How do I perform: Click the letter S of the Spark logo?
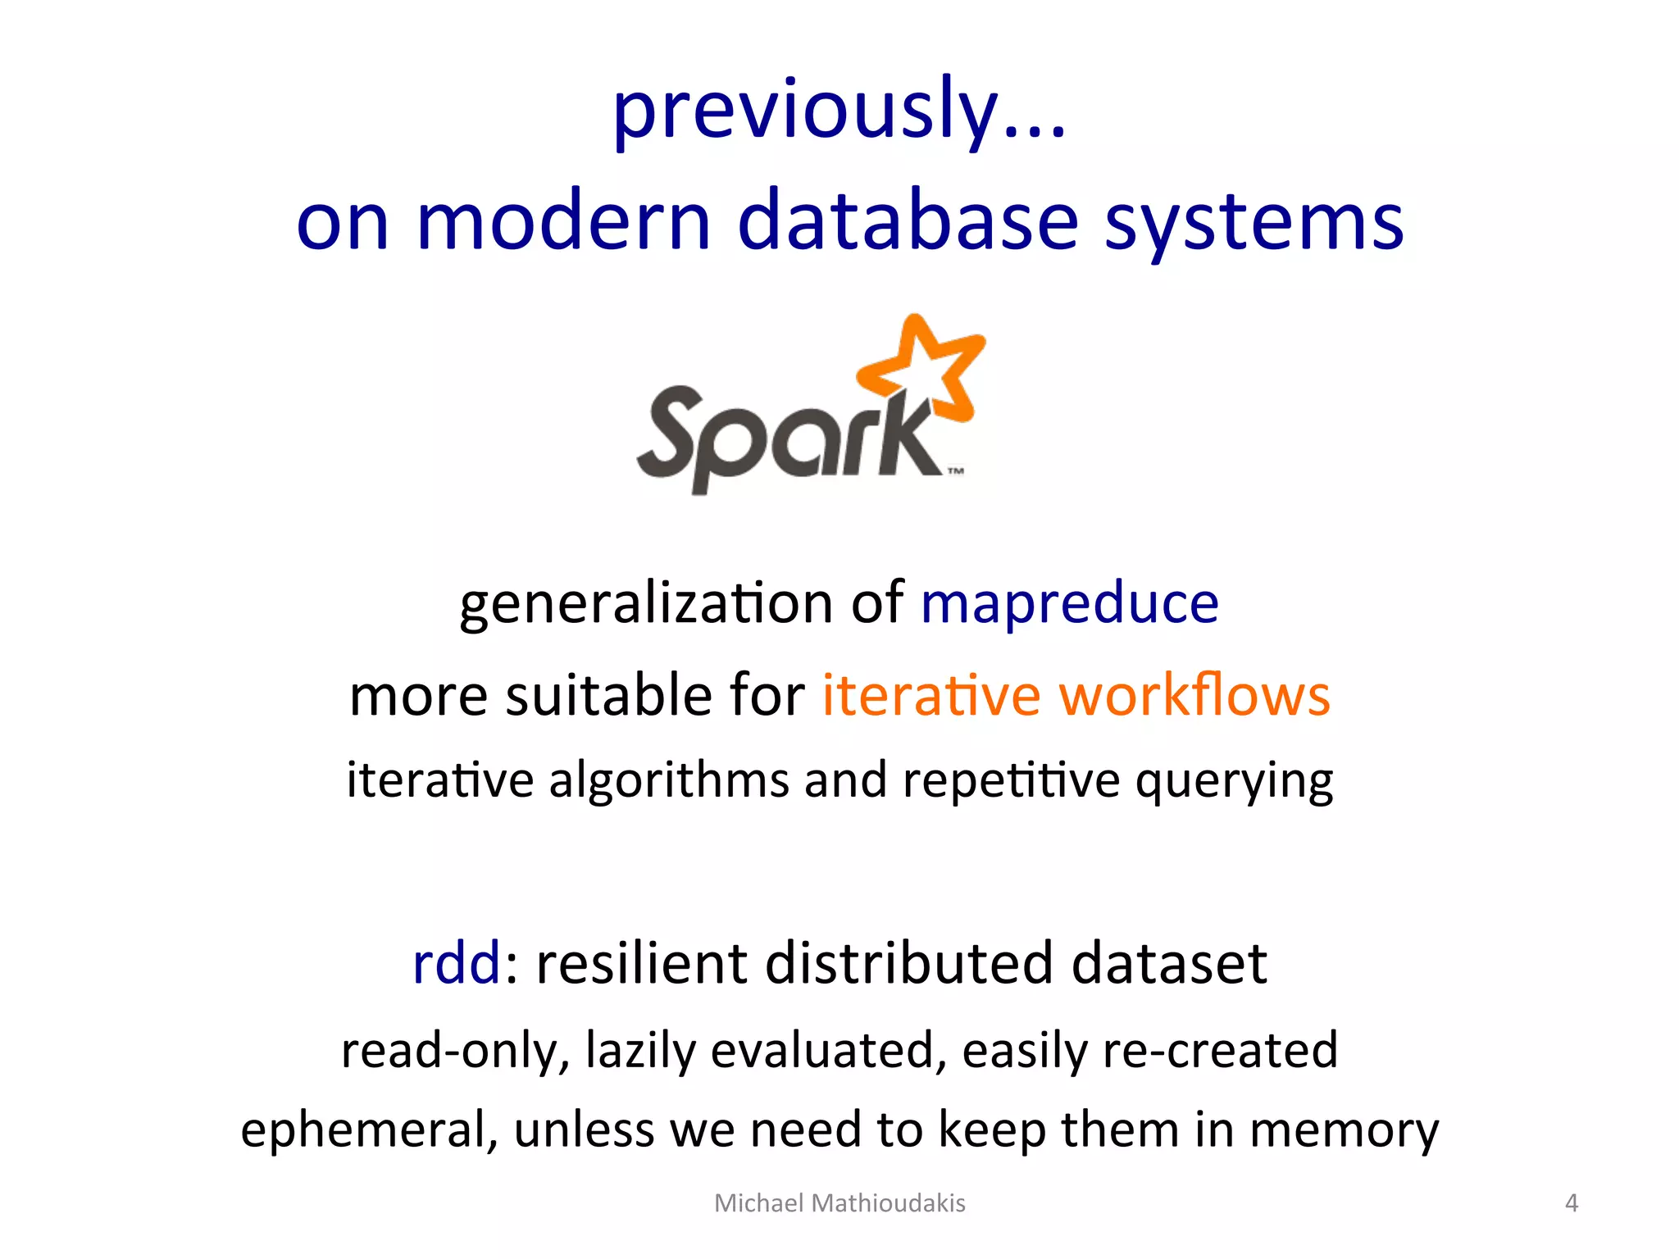pos(674,430)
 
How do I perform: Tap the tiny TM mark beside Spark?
pos(956,471)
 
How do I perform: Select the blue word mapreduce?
pos(1070,604)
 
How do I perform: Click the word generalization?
pos(646,604)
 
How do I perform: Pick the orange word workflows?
pos(1194,696)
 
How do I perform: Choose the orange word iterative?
pos(931,696)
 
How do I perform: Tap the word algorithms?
pos(668,780)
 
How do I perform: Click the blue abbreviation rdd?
pos(456,963)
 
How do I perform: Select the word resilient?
pos(641,963)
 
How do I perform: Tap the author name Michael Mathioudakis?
pos(839,1202)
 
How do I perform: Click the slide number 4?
pos(1571,1202)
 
